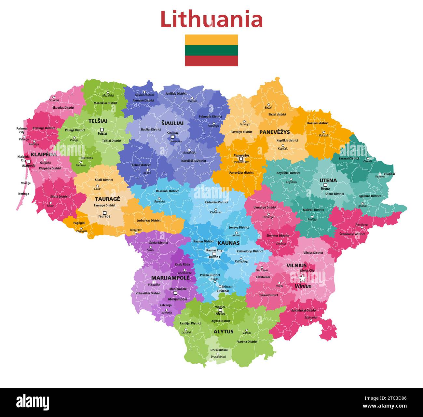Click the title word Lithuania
[211, 20]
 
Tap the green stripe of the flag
[211, 50]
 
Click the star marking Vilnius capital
[302, 279]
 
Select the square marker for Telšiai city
[102, 129]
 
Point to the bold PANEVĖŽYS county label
[274, 132]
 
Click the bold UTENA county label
[328, 180]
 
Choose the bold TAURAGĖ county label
[107, 199]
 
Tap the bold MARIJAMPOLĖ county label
[170, 278]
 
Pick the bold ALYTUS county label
[223, 331]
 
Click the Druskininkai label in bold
[219, 350]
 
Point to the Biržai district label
[277, 114]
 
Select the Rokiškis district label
[318, 123]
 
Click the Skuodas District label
[63, 108]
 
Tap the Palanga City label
[22, 130]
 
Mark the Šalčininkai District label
[304, 311]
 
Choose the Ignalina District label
[370, 196]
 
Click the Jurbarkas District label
[148, 221]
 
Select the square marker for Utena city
[325, 185]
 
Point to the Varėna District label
[247, 342]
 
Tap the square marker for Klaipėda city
[29, 162]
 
